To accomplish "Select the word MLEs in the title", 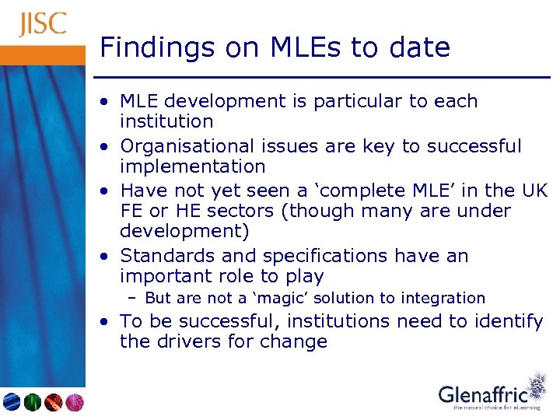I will point(296,48).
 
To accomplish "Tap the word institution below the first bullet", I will point(166,122).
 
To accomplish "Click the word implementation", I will point(192,167).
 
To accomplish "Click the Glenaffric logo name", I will point(483,394).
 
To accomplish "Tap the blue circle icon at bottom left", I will point(12,402).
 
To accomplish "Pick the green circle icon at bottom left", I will point(33,402).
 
